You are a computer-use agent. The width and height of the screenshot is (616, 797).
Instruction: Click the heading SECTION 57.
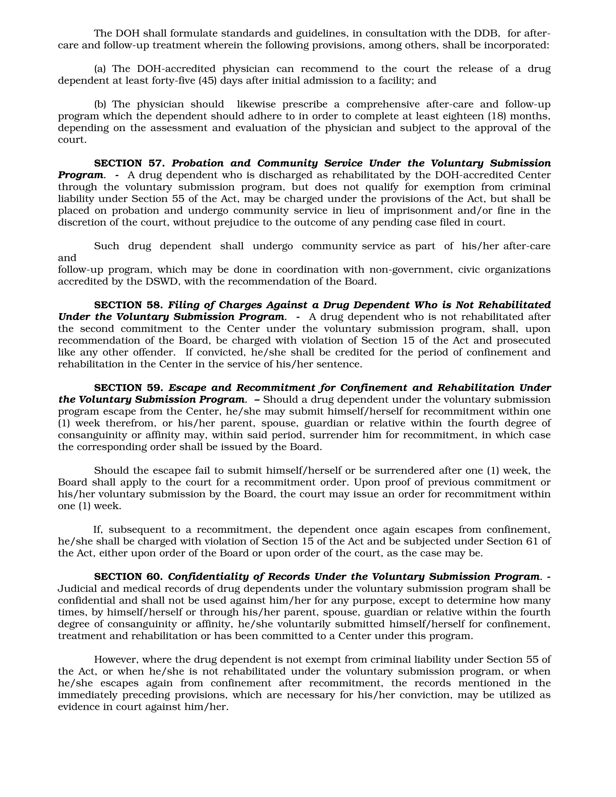click(x=130, y=163)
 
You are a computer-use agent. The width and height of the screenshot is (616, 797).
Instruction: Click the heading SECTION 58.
click(x=130, y=305)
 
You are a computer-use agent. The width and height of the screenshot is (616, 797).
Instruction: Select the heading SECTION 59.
click(x=130, y=388)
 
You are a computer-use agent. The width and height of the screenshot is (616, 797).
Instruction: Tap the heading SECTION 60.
click(x=130, y=577)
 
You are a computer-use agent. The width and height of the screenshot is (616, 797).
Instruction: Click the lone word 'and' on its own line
click(x=67, y=258)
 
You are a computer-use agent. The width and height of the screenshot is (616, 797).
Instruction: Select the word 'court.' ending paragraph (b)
click(x=72, y=140)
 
